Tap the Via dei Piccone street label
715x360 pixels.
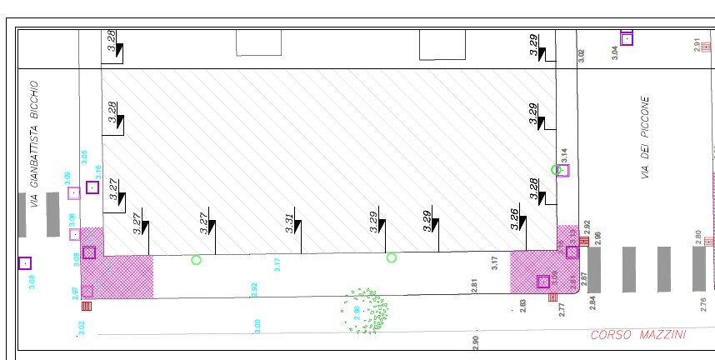[x=644, y=137]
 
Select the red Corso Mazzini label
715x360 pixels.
[x=638, y=335]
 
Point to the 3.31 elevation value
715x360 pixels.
[x=289, y=222]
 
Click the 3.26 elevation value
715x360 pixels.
[x=515, y=219]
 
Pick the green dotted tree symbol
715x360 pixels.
[x=365, y=311]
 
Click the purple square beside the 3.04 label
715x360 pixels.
[x=627, y=38]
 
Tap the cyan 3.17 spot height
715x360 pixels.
[x=277, y=265]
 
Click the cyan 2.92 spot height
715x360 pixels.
[x=254, y=290]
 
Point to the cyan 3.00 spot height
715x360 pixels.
[x=257, y=326]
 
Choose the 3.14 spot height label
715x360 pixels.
[x=564, y=156]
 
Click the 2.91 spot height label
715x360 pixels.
[x=697, y=46]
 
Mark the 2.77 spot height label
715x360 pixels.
[x=562, y=310]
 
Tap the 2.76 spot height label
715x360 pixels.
[x=703, y=303]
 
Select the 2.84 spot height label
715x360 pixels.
[x=592, y=302]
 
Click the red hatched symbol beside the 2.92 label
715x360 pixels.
[x=584, y=242]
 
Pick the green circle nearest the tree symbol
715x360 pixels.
[x=392, y=257]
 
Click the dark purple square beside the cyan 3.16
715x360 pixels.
[x=92, y=187]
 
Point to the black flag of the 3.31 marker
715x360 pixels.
[x=297, y=225]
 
